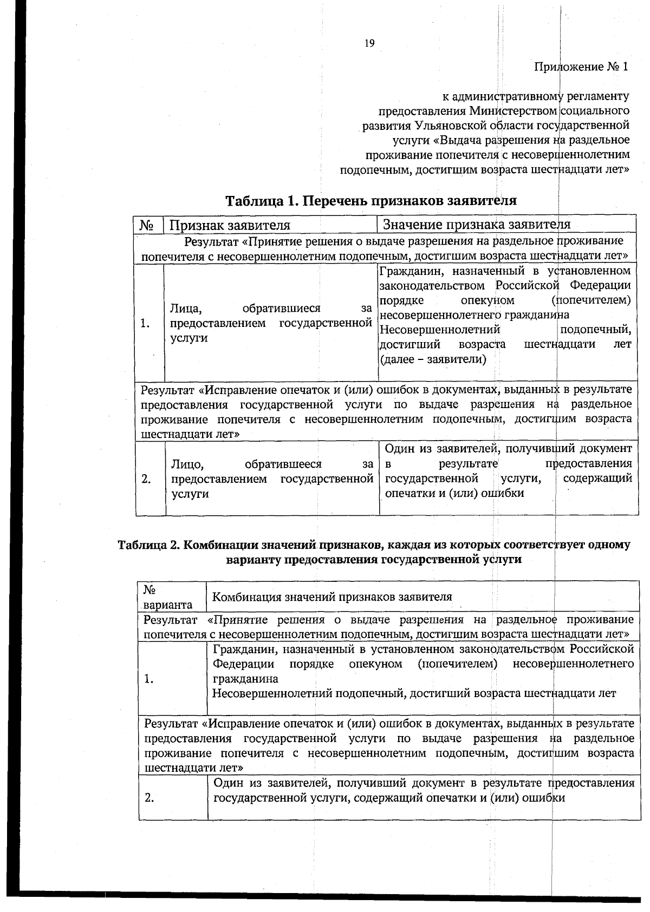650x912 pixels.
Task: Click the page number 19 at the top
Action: tap(369, 44)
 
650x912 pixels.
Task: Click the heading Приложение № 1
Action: tap(581, 67)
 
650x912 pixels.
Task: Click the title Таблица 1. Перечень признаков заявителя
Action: tap(370, 201)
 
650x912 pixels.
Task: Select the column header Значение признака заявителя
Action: tap(477, 224)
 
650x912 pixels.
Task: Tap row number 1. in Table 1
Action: tap(145, 323)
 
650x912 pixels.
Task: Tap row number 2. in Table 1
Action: tap(146, 479)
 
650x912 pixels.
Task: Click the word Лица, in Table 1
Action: tap(186, 309)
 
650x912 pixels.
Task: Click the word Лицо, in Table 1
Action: tap(187, 464)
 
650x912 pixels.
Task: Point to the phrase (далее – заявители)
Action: tap(433, 359)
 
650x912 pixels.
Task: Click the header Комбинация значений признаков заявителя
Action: tap(331, 597)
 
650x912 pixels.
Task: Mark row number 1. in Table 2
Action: tap(149, 679)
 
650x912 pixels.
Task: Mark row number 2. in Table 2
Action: tap(149, 798)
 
